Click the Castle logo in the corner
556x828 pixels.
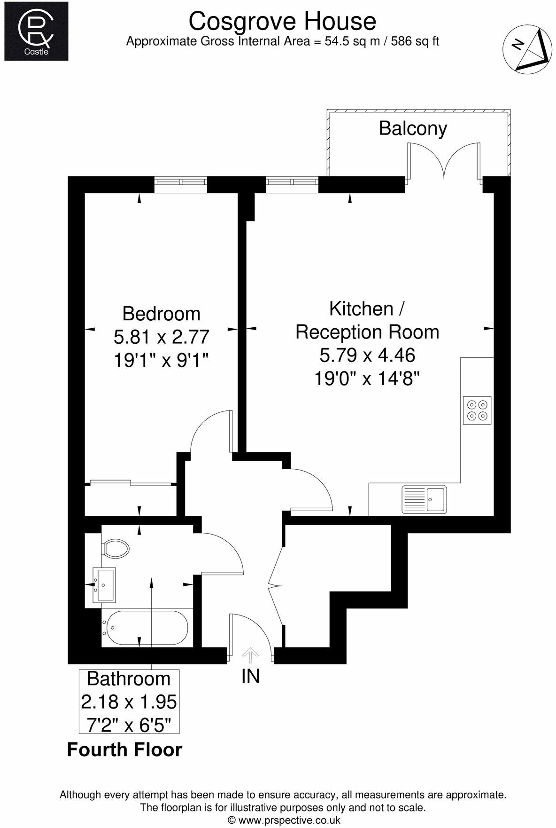[x=36, y=31]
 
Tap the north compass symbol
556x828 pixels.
[x=526, y=50]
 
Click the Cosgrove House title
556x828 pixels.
[x=282, y=21]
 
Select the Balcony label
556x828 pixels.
[x=413, y=128]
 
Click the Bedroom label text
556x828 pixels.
[x=161, y=314]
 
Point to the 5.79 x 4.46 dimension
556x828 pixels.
[x=367, y=355]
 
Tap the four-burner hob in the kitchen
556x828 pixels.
[x=477, y=410]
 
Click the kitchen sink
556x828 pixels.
[x=424, y=499]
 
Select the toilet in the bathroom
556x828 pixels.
[x=115, y=548]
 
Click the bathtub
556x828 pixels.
[x=147, y=628]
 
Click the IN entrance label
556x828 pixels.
[x=250, y=676]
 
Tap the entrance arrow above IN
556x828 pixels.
[x=250, y=655]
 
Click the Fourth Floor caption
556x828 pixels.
[x=124, y=749]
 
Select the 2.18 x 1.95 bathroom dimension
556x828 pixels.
[x=129, y=702]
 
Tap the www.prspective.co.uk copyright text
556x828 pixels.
[x=284, y=820]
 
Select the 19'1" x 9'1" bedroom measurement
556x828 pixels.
[x=161, y=360]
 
